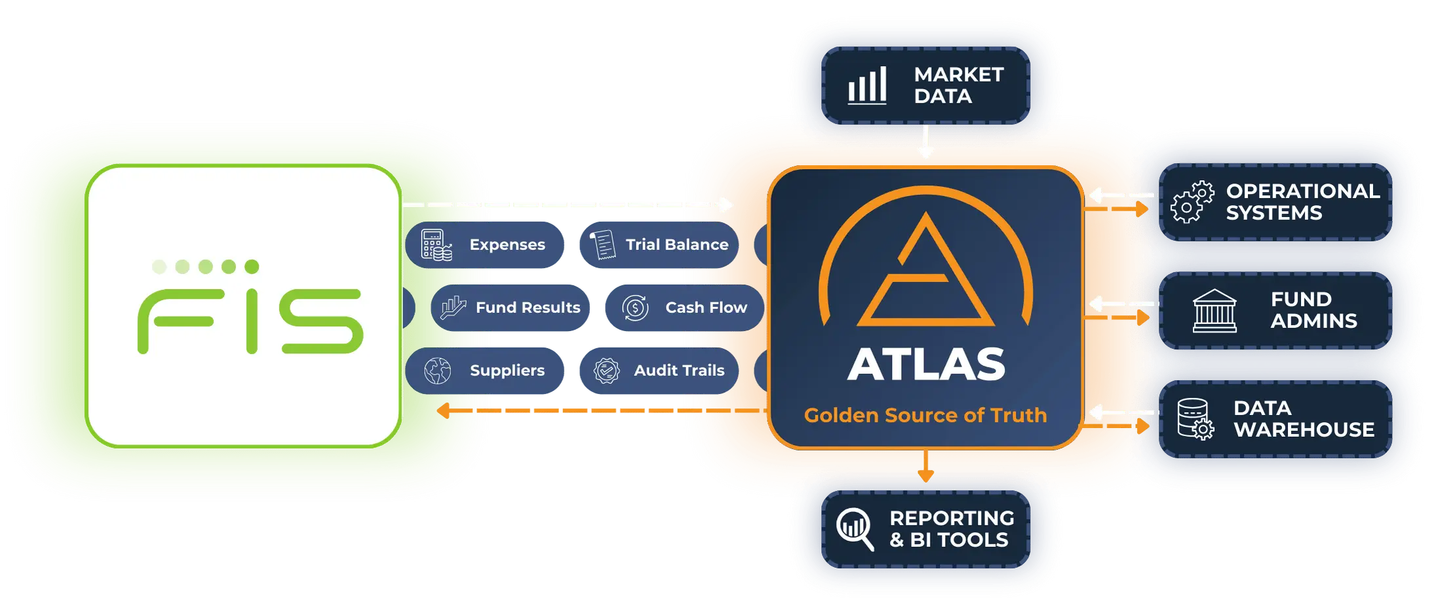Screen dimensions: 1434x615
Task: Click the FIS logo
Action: [250, 307]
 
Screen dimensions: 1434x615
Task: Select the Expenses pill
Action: [484, 245]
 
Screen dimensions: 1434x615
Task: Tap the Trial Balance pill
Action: [659, 245]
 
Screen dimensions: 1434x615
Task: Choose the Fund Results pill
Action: [510, 307]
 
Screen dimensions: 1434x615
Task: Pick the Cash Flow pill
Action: [684, 307]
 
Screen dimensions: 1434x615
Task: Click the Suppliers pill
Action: [484, 370]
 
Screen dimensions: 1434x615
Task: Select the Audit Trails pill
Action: [659, 370]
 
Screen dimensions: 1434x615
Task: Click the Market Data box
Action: [925, 85]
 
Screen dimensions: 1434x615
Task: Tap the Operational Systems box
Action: [1275, 202]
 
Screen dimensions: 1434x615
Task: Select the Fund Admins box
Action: [1275, 310]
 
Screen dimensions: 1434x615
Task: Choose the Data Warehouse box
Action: [1275, 419]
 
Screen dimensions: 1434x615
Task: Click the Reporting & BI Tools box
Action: [925, 529]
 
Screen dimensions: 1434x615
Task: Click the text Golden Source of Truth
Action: [925, 415]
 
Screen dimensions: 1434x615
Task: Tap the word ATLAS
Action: [925, 364]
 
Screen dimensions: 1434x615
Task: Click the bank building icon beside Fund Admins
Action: [1214, 311]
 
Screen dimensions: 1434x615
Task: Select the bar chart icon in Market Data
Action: [867, 85]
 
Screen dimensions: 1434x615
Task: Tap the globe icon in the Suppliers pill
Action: [437, 371]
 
